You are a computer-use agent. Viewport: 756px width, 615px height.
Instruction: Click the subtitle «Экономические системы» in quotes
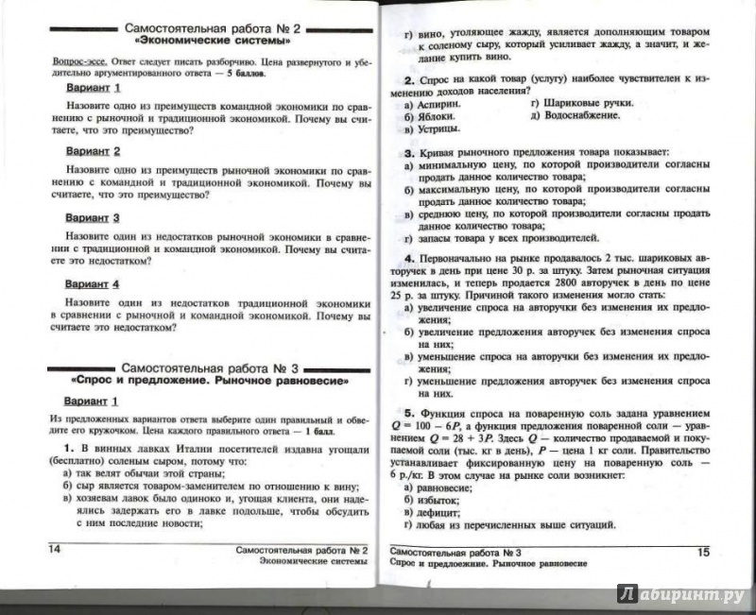tap(212, 42)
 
